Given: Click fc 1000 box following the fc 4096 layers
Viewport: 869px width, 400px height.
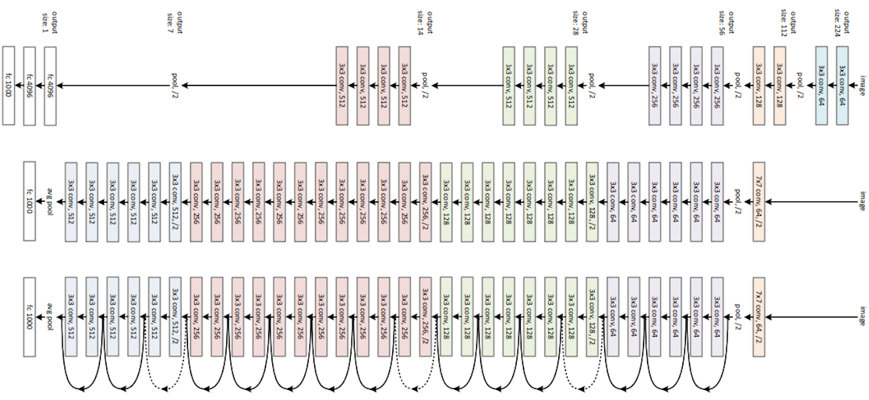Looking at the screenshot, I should pyautogui.click(x=9, y=85).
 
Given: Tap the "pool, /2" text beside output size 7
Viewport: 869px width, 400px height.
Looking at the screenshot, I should pyautogui.click(x=175, y=85).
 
